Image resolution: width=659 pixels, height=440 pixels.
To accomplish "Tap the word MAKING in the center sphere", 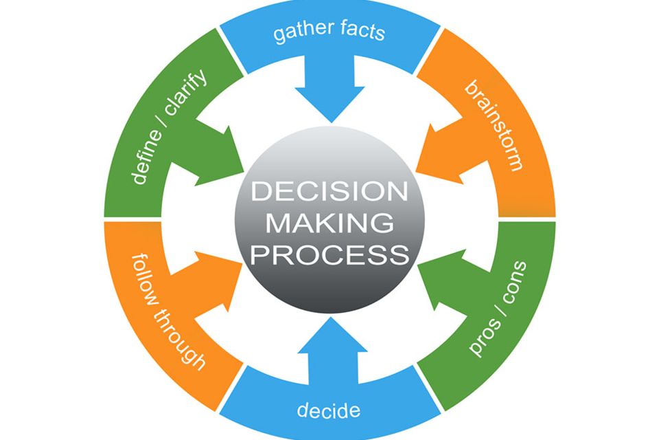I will [329, 223].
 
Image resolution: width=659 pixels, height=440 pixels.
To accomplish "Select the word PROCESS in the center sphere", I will [329, 255].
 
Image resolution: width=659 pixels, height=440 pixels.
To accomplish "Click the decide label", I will [328, 411].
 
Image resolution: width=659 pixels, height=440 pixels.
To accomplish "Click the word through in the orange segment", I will [178, 340].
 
